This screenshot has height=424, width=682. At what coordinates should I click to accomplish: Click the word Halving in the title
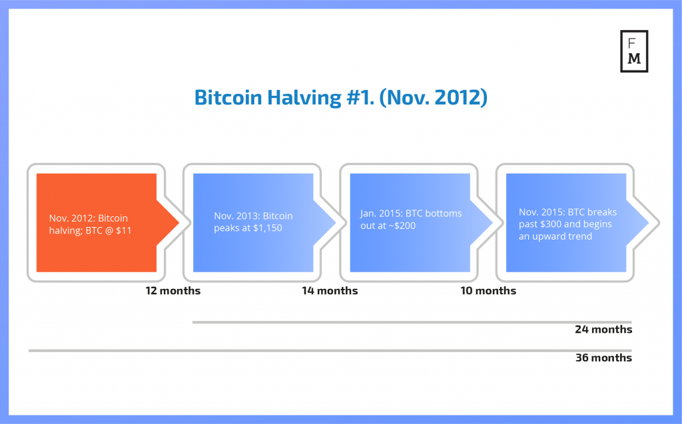pyautogui.click(x=304, y=97)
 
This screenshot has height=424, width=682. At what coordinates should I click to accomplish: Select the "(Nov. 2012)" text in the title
pyautogui.click(x=433, y=97)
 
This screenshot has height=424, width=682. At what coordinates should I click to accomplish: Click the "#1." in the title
pyautogui.click(x=360, y=97)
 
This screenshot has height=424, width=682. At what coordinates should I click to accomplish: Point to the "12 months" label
pyautogui.click(x=173, y=290)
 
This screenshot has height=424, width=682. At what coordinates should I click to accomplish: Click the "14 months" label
pyautogui.click(x=330, y=290)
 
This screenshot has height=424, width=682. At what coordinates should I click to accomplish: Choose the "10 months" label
pyautogui.click(x=488, y=290)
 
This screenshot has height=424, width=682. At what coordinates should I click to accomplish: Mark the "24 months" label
pyautogui.click(x=603, y=329)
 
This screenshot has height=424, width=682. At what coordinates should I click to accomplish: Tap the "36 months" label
pyautogui.click(x=603, y=357)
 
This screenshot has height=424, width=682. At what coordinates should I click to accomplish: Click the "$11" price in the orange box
pyautogui.click(x=123, y=230)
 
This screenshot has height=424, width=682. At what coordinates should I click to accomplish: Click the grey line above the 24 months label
pyautogui.click(x=412, y=322)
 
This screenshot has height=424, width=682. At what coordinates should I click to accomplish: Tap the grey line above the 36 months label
pyautogui.click(x=330, y=351)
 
